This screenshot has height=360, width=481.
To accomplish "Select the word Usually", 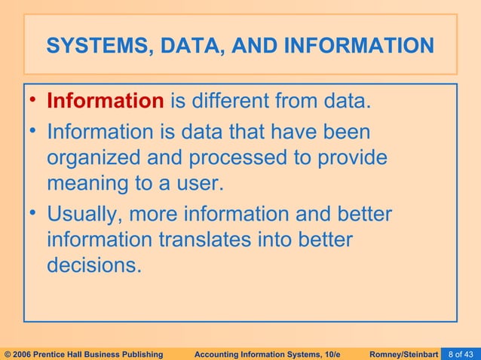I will click(x=84, y=215).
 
